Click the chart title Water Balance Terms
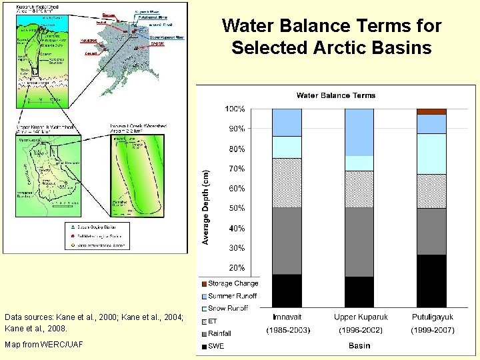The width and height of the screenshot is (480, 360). pyautogui.click(x=336, y=95)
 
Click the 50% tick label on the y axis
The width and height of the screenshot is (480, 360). pyautogui.click(x=236, y=208)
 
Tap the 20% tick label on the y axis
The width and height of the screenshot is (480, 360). pyautogui.click(x=236, y=267)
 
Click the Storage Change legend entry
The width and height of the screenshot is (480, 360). pyautogui.click(x=232, y=284)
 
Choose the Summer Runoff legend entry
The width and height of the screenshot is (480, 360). pyautogui.click(x=231, y=296)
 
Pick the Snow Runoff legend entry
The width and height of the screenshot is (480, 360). pyautogui.click(x=227, y=309)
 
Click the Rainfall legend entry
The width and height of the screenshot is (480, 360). pyautogui.click(x=219, y=333)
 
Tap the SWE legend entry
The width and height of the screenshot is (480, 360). pyautogui.click(x=216, y=346)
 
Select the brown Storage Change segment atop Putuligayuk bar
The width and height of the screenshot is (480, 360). pyautogui.click(x=431, y=111)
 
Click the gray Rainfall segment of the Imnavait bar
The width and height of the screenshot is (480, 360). pyautogui.click(x=287, y=241)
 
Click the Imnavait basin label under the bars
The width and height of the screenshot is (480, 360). pyautogui.click(x=287, y=317)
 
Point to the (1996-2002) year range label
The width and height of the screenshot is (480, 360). pyautogui.click(x=359, y=330)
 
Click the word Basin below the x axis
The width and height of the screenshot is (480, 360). pyautogui.click(x=359, y=345)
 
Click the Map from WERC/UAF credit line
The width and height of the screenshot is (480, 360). pyautogui.click(x=43, y=344)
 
